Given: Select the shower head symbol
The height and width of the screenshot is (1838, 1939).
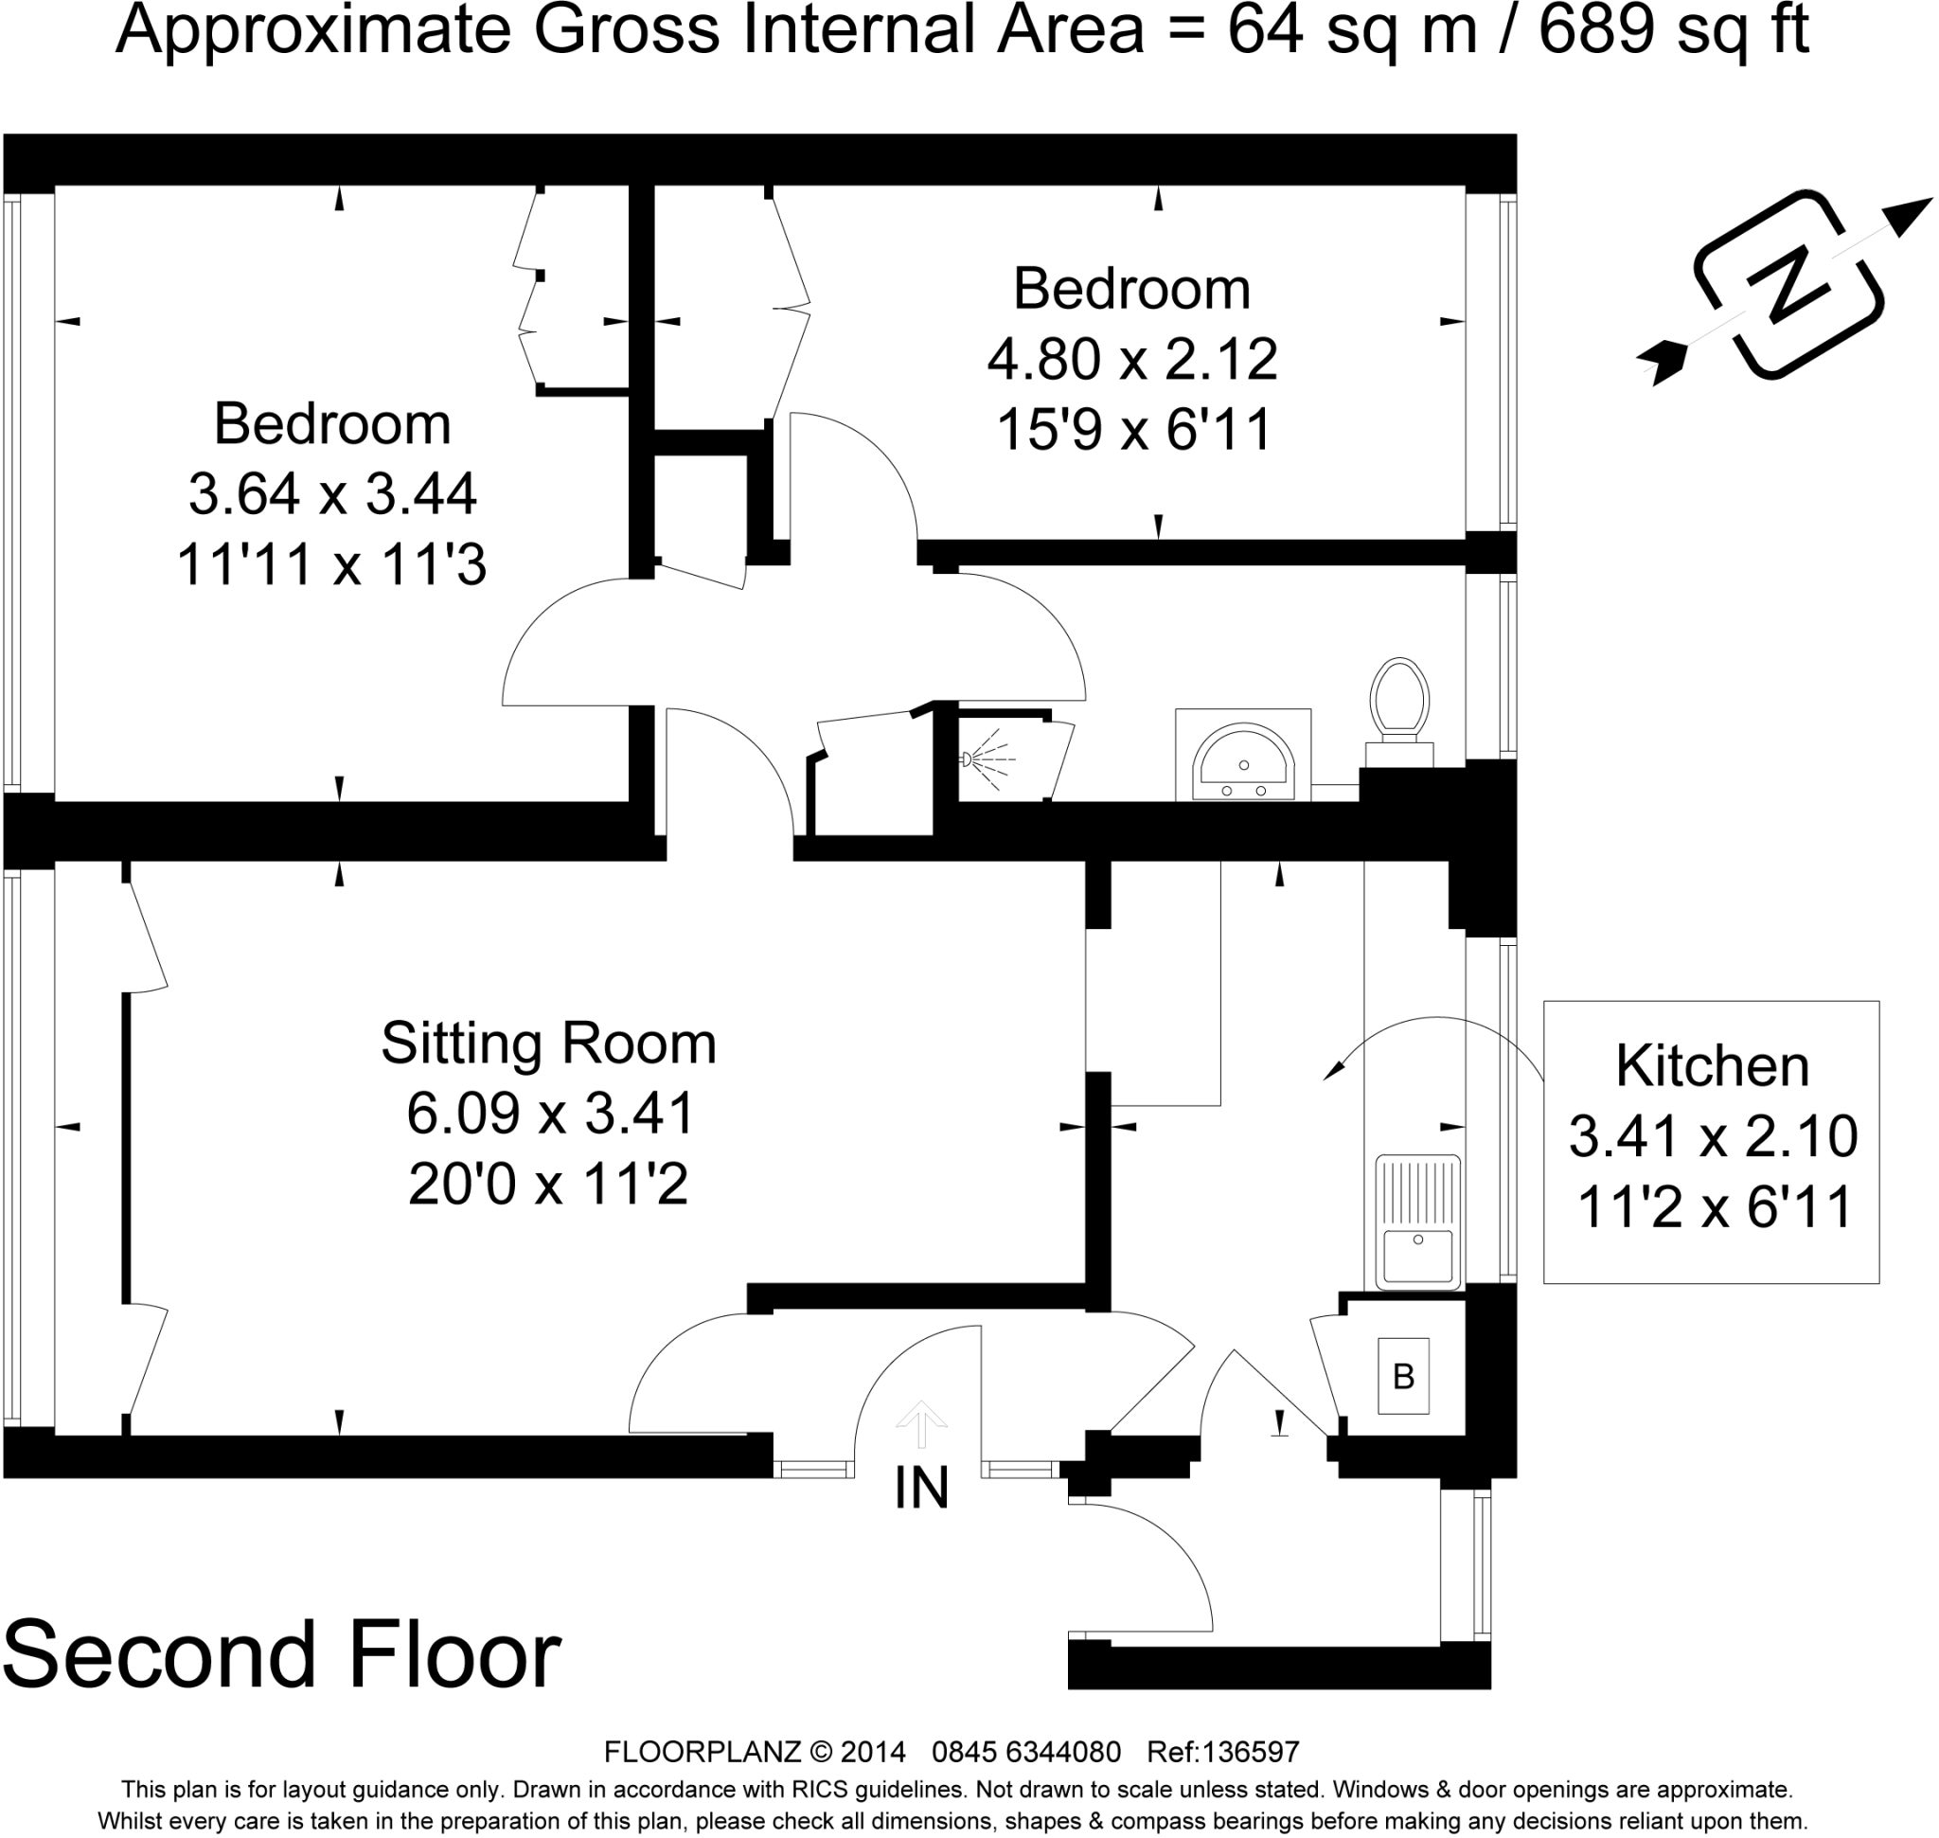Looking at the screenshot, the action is pos(989,759).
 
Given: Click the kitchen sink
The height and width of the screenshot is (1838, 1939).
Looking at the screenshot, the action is pos(1417,1222).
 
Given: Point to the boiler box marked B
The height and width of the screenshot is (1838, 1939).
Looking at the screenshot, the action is pos(1403,1377).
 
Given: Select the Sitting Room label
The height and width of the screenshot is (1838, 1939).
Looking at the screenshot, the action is pos(549,1044).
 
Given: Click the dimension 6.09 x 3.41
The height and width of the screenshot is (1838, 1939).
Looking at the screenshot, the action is pos(551,1114).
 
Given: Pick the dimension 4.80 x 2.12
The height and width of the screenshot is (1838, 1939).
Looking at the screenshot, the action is pos(1132,360).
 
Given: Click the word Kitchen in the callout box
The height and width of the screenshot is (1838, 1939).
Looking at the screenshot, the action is pos(1712,1066).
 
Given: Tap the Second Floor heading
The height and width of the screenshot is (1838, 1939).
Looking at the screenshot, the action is pos(282,1655).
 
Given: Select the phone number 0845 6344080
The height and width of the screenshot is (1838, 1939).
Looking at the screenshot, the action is pos(1026,1752).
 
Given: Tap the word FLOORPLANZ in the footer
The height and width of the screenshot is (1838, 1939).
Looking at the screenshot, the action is pos(703,1752).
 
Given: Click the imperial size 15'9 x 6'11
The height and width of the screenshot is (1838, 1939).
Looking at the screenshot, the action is pos(1133,430).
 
